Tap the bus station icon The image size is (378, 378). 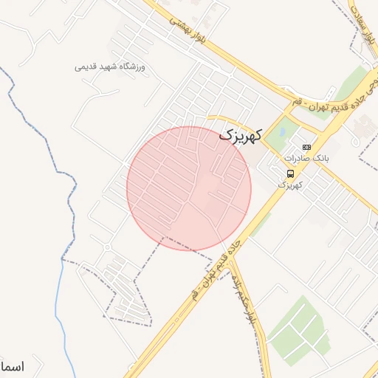tap(290, 174)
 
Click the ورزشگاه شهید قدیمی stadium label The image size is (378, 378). tap(111, 67)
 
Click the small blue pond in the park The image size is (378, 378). tap(281, 134)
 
